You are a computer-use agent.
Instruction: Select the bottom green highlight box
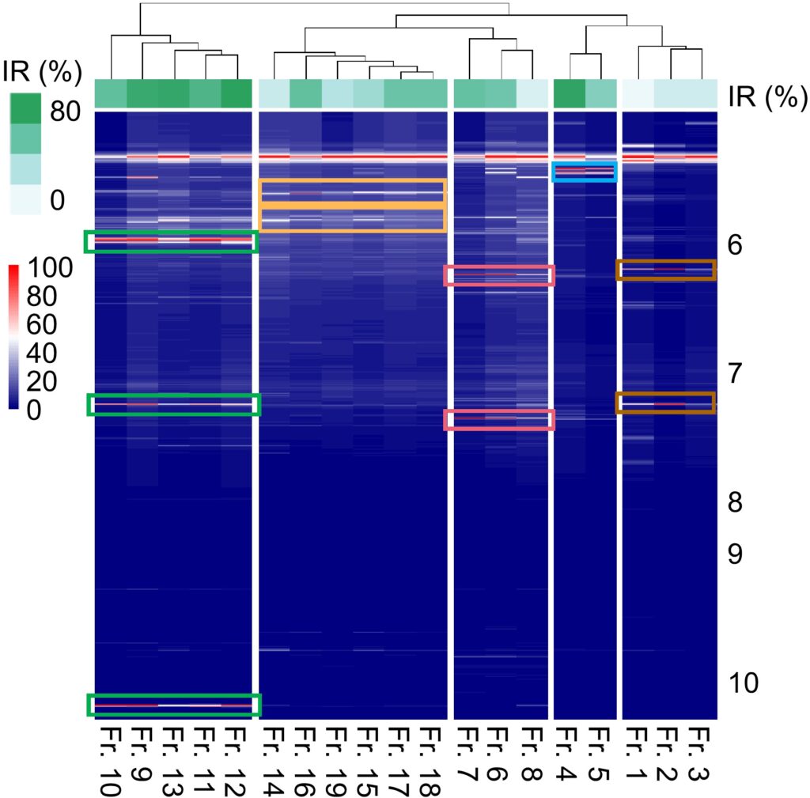pos(172,704)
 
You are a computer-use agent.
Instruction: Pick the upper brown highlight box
pos(665,270)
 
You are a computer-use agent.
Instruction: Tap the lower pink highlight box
pos(499,419)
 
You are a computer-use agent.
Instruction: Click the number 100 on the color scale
pos(51,270)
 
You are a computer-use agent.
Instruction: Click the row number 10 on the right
pos(743,682)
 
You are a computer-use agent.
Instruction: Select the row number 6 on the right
pos(734,245)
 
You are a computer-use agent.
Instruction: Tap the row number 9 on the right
pos(734,554)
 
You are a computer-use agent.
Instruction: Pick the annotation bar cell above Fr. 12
pos(236,94)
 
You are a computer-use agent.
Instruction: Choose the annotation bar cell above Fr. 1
pos(638,94)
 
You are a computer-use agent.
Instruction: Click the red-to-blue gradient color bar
pos(13,337)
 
